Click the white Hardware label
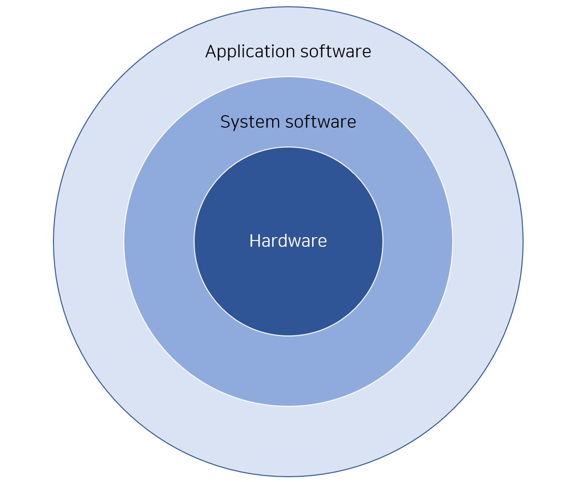click(x=288, y=241)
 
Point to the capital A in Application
click(x=210, y=52)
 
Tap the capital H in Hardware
click(x=254, y=241)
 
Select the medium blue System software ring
click(x=288, y=371)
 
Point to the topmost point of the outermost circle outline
click(x=288, y=7)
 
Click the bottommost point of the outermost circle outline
click(x=288, y=476)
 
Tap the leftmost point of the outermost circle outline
click(x=53, y=241)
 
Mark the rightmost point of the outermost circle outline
click(x=523, y=241)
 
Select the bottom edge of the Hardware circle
click(x=288, y=335)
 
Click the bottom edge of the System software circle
click(x=288, y=406)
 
